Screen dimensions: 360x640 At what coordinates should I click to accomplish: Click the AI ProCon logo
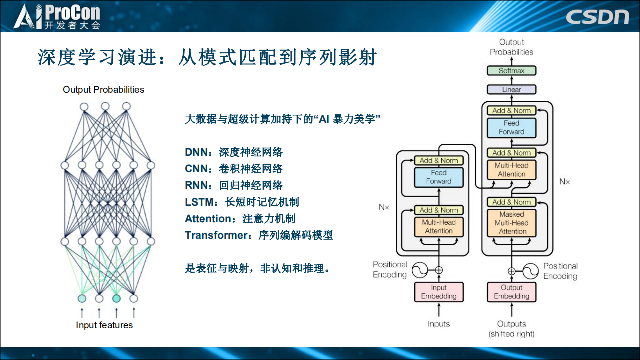[x=57, y=16]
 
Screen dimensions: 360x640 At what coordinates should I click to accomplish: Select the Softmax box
[x=511, y=71]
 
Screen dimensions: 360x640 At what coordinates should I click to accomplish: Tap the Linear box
[x=511, y=90]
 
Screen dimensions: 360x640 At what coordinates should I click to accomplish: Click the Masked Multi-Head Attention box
[x=511, y=223]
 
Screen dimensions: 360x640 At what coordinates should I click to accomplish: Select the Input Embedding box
[x=438, y=292]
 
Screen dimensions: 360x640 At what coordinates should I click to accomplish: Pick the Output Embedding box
[x=511, y=292]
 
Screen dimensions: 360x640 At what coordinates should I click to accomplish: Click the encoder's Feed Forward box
[x=438, y=177]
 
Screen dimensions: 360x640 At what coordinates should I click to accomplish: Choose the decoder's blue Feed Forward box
[x=511, y=128]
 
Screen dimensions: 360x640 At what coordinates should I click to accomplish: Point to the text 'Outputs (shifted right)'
[x=511, y=329]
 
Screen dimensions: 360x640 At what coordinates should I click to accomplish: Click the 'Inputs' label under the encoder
[x=438, y=324]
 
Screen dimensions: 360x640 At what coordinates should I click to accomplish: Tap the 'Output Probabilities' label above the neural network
[x=103, y=90]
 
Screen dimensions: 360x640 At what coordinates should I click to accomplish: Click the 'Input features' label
[x=104, y=325]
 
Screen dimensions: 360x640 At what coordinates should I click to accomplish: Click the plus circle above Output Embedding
[x=511, y=271]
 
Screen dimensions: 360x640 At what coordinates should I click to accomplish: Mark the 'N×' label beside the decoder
[x=564, y=181]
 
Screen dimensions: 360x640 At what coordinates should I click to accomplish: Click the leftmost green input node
[x=82, y=298]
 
